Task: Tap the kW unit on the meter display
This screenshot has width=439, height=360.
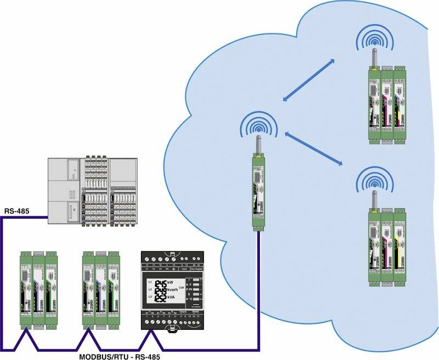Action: (x=177, y=283)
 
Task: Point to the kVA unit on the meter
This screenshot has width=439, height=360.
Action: (x=178, y=297)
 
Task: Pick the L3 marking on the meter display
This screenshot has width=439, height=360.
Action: (x=150, y=297)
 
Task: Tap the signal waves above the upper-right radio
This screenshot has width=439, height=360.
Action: (x=376, y=40)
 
